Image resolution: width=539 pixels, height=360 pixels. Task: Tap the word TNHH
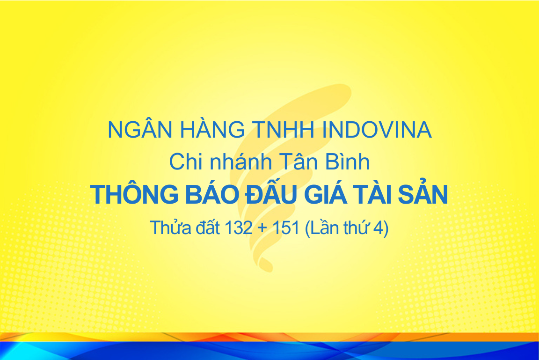pyautogui.click(x=284, y=130)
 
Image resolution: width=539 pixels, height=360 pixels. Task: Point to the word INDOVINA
pyautogui.click(x=377, y=130)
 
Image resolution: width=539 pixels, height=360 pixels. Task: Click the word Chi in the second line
pyautogui.click(x=186, y=162)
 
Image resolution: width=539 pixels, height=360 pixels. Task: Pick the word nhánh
pyautogui.click(x=241, y=161)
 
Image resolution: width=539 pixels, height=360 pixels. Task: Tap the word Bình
pyautogui.click(x=348, y=161)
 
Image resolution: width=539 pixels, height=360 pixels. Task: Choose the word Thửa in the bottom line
pyautogui.click(x=170, y=227)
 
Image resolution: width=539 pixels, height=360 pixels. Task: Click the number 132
pyautogui.click(x=239, y=228)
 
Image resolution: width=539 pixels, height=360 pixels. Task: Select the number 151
pyautogui.click(x=286, y=228)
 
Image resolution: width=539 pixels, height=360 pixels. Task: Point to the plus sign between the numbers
pyautogui.click(x=262, y=228)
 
